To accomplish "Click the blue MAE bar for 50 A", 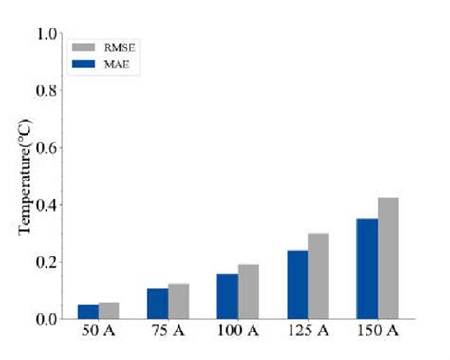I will pyautogui.click(x=88, y=312).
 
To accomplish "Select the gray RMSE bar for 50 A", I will pyautogui.click(x=109, y=311).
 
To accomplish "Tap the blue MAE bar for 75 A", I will pyautogui.click(x=158, y=303).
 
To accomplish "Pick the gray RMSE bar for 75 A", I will pyautogui.click(x=178, y=301).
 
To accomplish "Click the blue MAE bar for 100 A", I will pyautogui.click(x=228, y=295).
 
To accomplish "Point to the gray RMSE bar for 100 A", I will pyautogui.click(x=249, y=292).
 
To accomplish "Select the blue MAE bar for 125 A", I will pyautogui.click(x=297, y=284).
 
